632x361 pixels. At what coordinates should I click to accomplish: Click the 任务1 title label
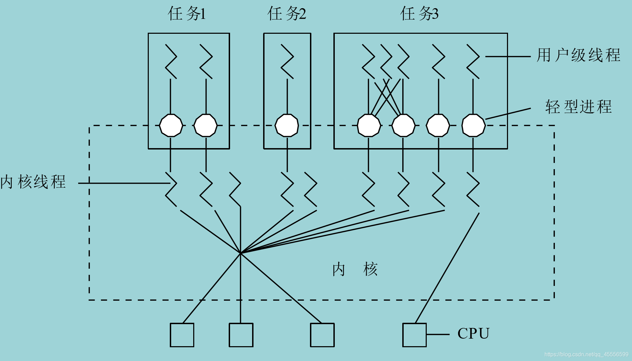click(186, 14)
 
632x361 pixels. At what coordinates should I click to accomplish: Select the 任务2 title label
click(287, 14)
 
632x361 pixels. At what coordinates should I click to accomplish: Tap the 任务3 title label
click(419, 14)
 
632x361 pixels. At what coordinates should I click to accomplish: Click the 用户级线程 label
click(578, 55)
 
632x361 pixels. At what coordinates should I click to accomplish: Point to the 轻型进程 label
click(578, 106)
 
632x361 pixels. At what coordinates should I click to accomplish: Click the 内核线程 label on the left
click(33, 182)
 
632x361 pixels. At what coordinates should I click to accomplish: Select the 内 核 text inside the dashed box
click(355, 269)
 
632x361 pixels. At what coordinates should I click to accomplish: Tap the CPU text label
click(473, 333)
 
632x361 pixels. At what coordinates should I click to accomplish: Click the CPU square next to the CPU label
click(414, 335)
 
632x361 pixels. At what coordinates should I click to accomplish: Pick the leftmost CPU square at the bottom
click(182, 335)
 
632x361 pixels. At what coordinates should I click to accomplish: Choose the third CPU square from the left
click(322, 335)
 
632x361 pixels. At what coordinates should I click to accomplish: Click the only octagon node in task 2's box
click(287, 125)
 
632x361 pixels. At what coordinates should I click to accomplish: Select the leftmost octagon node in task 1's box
click(171, 125)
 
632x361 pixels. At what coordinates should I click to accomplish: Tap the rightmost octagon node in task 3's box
click(473, 125)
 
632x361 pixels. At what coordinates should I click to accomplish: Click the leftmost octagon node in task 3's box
click(369, 125)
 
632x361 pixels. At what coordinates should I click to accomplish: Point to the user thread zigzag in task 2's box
click(287, 61)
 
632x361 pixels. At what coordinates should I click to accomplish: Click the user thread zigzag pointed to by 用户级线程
click(473, 61)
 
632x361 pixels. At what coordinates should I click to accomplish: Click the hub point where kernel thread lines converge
click(240, 253)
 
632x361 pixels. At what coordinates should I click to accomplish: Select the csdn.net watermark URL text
click(586, 354)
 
